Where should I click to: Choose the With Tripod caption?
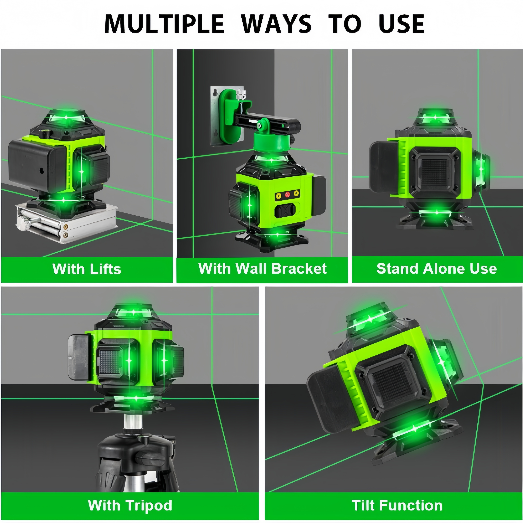(x=130, y=505)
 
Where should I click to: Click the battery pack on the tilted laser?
(x=329, y=398)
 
